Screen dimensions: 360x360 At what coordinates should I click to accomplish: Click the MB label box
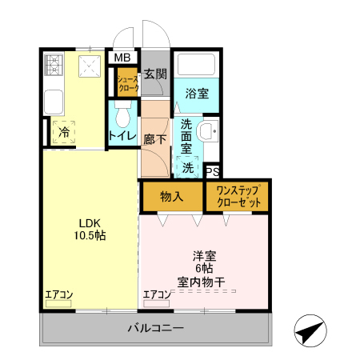[x=122, y=58]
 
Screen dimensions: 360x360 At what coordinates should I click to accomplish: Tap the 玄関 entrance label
[x=155, y=74]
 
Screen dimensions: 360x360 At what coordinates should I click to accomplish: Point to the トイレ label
[x=122, y=136]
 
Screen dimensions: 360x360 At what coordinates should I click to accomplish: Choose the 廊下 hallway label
[x=154, y=138]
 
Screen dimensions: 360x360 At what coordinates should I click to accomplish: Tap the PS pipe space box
[x=213, y=171]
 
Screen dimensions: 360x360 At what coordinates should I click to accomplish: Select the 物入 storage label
[x=171, y=196]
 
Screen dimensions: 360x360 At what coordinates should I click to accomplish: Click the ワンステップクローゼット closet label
[x=238, y=197]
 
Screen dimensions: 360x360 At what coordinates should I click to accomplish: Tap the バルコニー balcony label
[x=156, y=329]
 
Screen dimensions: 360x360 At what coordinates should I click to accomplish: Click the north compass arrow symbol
[x=311, y=330]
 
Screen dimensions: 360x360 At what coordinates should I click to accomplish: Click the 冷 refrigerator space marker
[x=62, y=134]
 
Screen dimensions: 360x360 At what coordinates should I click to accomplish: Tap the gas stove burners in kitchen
[x=54, y=66]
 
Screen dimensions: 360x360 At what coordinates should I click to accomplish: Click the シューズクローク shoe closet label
[x=128, y=82]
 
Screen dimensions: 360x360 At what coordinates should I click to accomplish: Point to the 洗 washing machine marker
[x=187, y=168]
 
